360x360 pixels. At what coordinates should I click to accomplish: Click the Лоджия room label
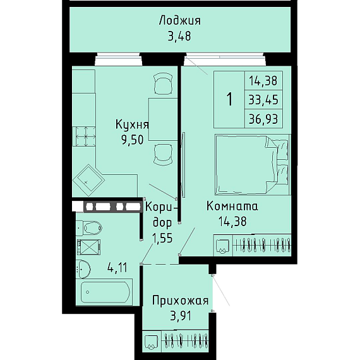(x=180, y=21)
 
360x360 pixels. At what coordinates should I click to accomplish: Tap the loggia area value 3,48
(x=179, y=36)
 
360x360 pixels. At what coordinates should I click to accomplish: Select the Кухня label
(x=132, y=125)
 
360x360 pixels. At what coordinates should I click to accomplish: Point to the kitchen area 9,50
(x=133, y=140)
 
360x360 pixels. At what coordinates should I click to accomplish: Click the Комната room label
(x=232, y=206)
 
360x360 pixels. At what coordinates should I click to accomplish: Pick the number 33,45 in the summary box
(x=263, y=100)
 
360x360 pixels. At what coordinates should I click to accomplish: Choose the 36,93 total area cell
(x=263, y=119)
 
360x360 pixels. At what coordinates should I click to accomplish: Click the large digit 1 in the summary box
(x=230, y=99)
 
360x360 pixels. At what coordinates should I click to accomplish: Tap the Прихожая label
(x=181, y=301)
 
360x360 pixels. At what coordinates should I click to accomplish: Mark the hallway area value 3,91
(x=181, y=316)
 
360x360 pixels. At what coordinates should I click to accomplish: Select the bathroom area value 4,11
(x=117, y=268)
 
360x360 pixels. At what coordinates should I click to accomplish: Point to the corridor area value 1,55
(x=162, y=238)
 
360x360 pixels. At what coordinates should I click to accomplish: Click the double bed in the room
(x=251, y=165)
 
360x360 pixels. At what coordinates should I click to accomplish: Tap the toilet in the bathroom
(x=89, y=228)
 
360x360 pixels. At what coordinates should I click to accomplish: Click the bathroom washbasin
(x=83, y=269)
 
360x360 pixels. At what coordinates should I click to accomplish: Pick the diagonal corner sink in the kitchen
(x=88, y=180)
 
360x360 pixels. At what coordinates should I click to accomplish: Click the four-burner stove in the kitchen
(x=84, y=136)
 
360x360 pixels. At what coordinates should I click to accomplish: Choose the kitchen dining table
(x=163, y=119)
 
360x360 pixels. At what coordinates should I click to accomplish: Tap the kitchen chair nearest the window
(x=163, y=83)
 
